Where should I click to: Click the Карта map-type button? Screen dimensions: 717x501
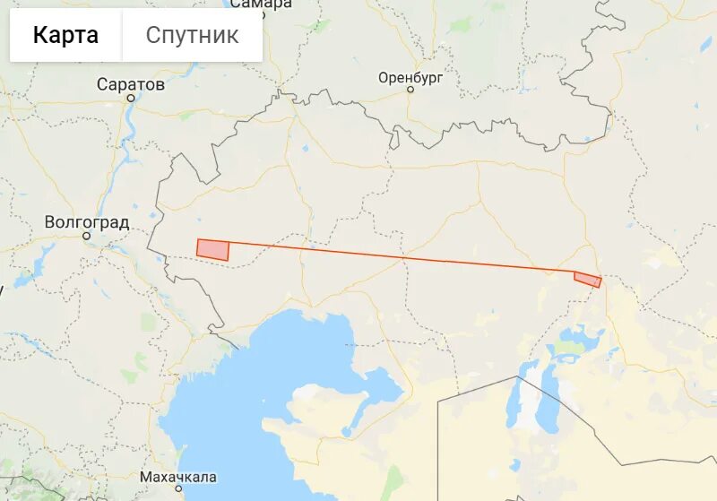65,36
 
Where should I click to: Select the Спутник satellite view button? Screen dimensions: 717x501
192,36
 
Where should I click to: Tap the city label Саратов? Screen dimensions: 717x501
131,84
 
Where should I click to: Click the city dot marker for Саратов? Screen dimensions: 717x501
131,98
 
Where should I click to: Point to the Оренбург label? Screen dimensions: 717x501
410,78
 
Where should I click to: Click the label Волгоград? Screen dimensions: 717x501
87,221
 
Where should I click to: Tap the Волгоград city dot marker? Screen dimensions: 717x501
87,236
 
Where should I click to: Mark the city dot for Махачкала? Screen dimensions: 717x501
178,488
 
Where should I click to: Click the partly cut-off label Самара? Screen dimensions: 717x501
261,4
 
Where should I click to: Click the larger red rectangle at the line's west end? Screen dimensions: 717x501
212,250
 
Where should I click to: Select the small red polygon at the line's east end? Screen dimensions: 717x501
588,280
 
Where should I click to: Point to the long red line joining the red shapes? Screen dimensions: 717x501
403,257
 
